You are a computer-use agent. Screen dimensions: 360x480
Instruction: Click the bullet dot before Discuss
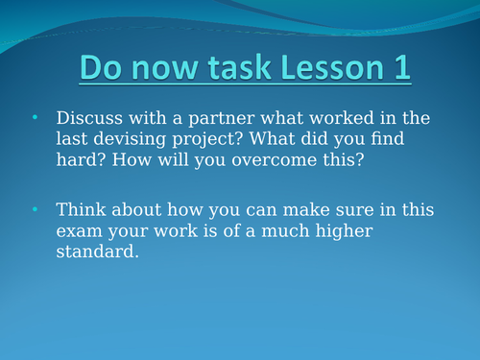36,117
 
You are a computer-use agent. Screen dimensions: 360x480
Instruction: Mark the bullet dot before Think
36,208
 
